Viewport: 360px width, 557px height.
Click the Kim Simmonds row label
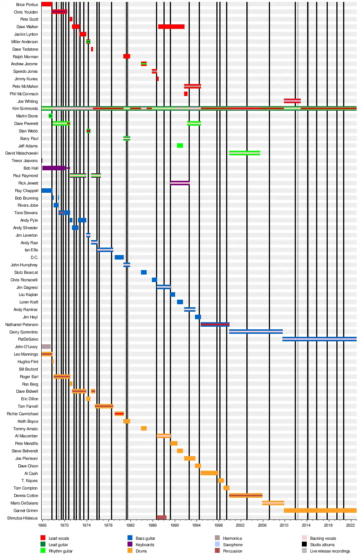click(25, 109)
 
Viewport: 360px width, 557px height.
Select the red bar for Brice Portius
click(46, 4)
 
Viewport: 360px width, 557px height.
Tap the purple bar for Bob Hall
click(54, 168)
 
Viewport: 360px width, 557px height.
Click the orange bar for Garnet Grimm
click(320, 510)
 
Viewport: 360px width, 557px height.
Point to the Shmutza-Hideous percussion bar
click(162, 518)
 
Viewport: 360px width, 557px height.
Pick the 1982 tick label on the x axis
click(130, 525)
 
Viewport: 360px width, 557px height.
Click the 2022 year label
click(350, 525)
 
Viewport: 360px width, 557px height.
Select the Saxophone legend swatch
click(217, 544)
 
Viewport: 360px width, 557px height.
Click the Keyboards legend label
click(145, 545)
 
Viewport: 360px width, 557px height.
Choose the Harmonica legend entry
click(232, 538)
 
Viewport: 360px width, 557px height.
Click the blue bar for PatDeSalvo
click(319, 339)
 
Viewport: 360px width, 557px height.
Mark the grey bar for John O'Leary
click(46, 347)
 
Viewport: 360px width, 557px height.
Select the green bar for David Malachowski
click(244, 153)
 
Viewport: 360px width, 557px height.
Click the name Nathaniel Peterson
click(22, 324)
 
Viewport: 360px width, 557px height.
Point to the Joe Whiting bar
click(292, 101)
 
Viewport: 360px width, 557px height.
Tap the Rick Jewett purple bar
click(180, 183)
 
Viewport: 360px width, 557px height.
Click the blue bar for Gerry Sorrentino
click(256, 332)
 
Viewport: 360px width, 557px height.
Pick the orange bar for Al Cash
click(209, 473)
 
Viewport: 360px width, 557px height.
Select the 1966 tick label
click(42, 525)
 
